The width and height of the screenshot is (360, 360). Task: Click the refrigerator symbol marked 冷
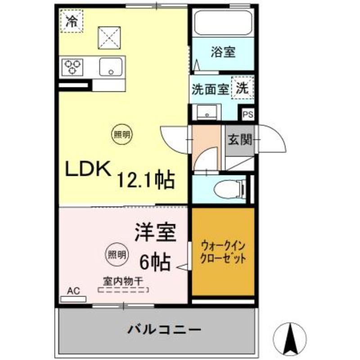[72, 21]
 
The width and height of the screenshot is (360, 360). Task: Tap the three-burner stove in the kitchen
[72, 67]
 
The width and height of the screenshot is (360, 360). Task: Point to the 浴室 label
[222, 52]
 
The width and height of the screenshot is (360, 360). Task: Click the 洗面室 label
[210, 89]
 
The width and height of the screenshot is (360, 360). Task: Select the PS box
[248, 114]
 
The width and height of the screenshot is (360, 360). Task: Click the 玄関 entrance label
[239, 140]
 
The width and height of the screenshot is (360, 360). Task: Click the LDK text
[89, 170]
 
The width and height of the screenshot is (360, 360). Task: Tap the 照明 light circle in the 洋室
[116, 254]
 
